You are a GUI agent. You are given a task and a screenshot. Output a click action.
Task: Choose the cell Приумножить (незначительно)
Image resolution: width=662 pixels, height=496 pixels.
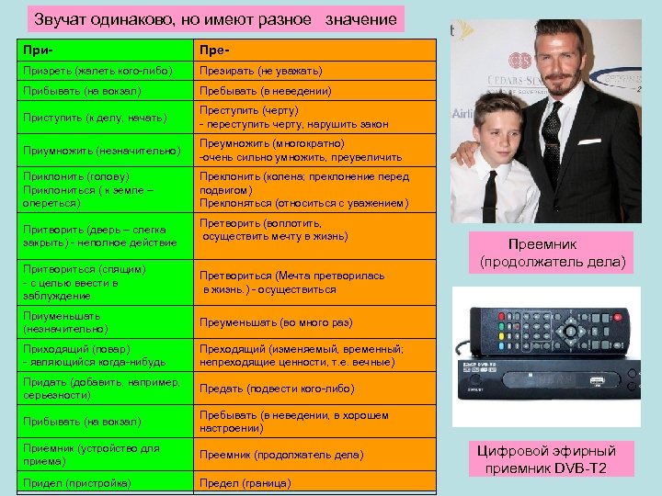point(101,150)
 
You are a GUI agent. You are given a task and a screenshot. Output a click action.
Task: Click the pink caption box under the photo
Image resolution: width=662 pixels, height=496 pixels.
point(552,254)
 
